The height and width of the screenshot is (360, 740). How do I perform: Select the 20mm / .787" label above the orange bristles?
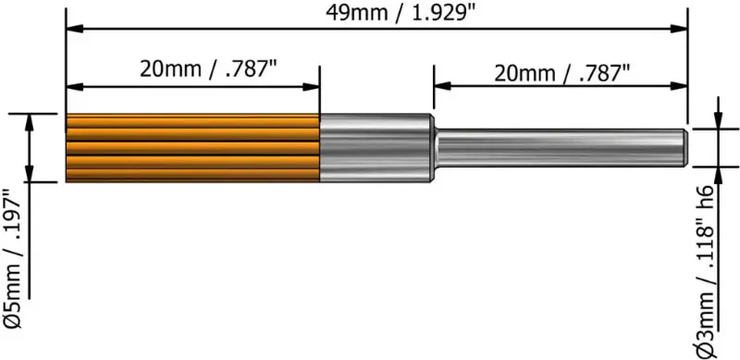tap(193, 69)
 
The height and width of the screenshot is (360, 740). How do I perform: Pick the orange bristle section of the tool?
tap(192, 147)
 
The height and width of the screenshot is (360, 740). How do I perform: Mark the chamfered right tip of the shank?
tap(685, 147)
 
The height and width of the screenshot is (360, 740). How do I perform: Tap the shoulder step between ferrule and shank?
tap(434, 147)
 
